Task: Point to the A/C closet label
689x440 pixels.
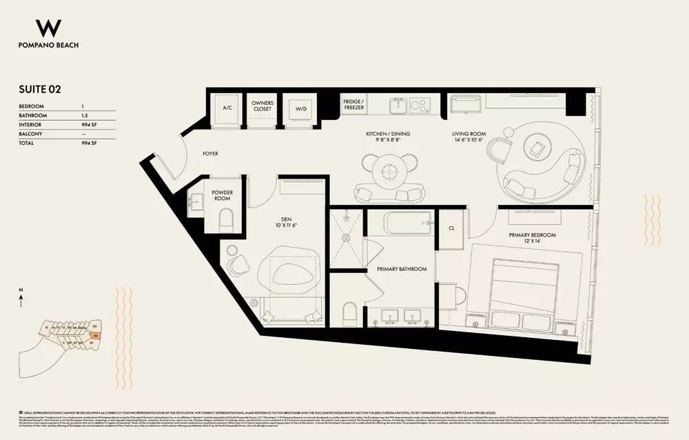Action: click(227, 109)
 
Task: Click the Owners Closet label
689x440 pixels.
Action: click(263, 107)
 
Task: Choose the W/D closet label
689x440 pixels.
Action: click(301, 109)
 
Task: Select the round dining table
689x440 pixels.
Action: click(390, 169)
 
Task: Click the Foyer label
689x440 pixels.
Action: click(210, 154)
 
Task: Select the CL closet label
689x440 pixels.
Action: click(451, 226)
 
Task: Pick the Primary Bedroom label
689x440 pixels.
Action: click(532, 235)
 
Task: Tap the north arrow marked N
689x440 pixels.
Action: click(22, 298)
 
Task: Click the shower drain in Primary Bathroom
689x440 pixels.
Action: click(347, 238)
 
